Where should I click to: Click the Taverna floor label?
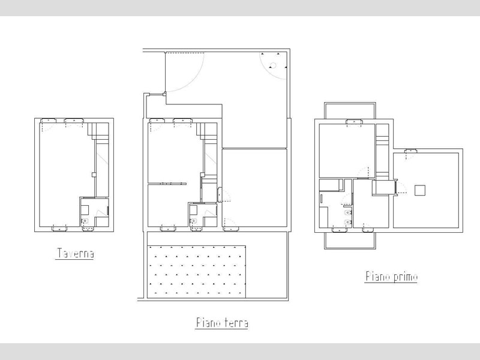(75, 253)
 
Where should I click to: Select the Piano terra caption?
(221, 323)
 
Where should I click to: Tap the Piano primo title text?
(391, 277)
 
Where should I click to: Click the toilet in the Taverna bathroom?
(85, 220)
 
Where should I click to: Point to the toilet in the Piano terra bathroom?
(193, 220)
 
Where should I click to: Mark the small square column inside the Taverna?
(94, 175)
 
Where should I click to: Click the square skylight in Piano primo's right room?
(419, 190)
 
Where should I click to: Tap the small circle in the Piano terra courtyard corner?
(273, 65)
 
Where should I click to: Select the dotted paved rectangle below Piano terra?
(197, 272)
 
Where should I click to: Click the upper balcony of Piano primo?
(350, 110)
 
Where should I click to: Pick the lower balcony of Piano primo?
(349, 241)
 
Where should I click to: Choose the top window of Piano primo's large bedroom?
(354, 122)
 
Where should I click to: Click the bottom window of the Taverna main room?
(59, 228)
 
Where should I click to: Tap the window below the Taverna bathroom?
(88, 229)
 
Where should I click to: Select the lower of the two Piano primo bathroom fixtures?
(348, 222)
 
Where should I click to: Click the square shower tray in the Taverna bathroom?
(85, 210)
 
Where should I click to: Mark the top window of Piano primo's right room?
(411, 151)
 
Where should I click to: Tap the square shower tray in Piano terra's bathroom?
(193, 210)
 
